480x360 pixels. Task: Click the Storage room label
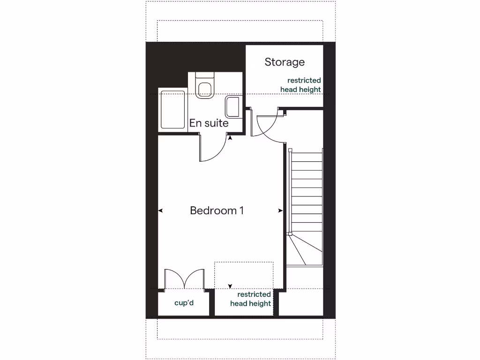tap(285, 62)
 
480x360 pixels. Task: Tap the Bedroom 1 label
tap(217, 210)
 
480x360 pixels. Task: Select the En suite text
tap(209, 123)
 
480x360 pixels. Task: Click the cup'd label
tap(184, 303)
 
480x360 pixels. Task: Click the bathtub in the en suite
tap(172, 110)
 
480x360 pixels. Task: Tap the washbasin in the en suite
tap(233, 107)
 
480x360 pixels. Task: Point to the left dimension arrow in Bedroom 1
tap(160, 211)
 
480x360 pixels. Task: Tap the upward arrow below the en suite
tap(230, 137)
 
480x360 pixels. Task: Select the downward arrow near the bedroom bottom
tap(230, 286)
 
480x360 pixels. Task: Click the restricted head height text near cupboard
tap(251, 299)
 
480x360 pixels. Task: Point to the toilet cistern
tap(205, 75)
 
